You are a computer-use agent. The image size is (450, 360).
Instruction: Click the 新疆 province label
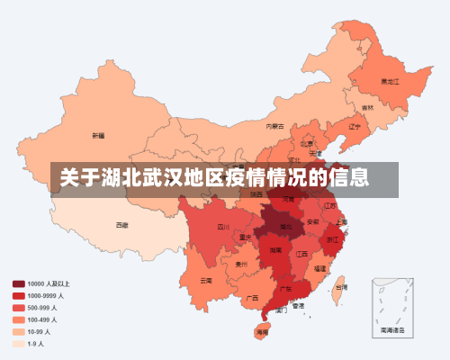(x=98, y=136)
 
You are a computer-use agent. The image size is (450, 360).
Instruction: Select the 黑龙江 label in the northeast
(x=390, y=80)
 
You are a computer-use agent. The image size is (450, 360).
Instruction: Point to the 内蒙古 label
(x=275, y=127)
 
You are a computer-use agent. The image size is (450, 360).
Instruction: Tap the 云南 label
(x=206, y=280)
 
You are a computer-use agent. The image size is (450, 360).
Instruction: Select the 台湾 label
(x=341, y=288)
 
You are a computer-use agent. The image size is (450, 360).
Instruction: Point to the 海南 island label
(x=262, y=333)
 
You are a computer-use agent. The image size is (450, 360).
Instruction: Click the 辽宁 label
(x=355, y=126)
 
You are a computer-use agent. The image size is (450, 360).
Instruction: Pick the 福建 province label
(x=321, y=268)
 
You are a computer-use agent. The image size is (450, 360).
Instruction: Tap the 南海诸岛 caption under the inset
(x=393, y=330)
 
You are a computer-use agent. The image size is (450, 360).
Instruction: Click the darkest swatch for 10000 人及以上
(x=18, y=283)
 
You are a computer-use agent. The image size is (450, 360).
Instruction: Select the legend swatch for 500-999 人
(x=18, y=307)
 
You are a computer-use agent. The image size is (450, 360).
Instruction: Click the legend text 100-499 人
(x=42, y=319)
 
